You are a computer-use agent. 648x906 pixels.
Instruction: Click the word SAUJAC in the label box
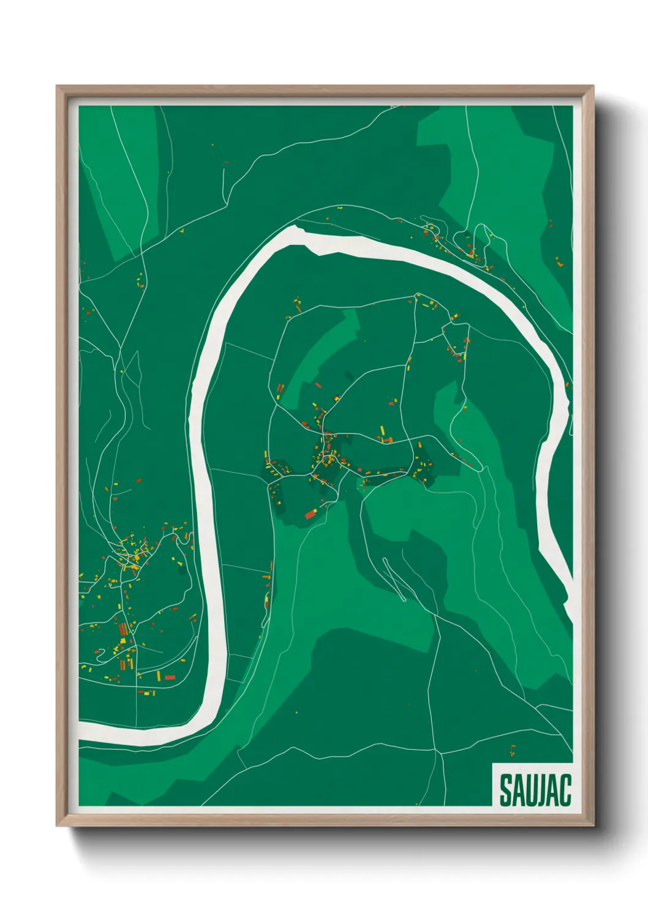point(535,790)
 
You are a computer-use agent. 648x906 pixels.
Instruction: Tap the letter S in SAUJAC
point(507,790)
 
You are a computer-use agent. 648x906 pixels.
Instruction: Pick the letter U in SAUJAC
point(531,790)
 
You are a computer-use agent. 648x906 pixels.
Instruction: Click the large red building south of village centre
point(310,515)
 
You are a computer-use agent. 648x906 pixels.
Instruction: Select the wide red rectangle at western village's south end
point(170,677)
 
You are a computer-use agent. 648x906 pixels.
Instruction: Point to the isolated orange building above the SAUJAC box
point(513,749)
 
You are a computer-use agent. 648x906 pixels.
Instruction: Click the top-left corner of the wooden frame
point(58,87)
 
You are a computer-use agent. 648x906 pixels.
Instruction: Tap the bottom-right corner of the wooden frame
point(592,825)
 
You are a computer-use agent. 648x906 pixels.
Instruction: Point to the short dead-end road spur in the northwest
point(224,178)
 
